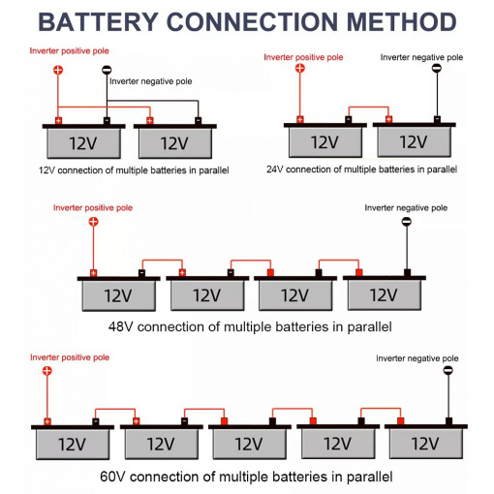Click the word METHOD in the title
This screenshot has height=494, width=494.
click(402, 22)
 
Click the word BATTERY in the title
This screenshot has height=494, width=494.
click(98, 22)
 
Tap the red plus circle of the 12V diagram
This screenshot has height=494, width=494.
click(58, 70)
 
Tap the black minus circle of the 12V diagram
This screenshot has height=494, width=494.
click(107, 70)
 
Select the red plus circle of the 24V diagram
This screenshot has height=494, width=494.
click(300, 68)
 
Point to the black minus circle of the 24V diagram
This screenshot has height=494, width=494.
click(437, 68)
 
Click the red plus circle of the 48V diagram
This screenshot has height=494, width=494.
click(93, 222)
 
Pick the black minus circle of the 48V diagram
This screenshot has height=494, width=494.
click(407, 222)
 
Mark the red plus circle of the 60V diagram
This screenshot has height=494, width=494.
click(47, 370)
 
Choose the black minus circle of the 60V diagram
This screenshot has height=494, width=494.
click(448, 370)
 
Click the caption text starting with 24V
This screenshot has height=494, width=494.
click(361, 170)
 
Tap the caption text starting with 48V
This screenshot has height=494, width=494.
click(250, 327)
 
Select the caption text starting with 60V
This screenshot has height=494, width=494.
click(246, 477)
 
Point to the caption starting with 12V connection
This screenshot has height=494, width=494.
click(134, 170)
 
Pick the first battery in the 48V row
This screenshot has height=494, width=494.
click(118, 291)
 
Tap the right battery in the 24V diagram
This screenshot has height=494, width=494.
click(415, 138)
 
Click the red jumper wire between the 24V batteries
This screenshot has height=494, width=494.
click(368, 108)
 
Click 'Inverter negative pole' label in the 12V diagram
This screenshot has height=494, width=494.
click(151, 81)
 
